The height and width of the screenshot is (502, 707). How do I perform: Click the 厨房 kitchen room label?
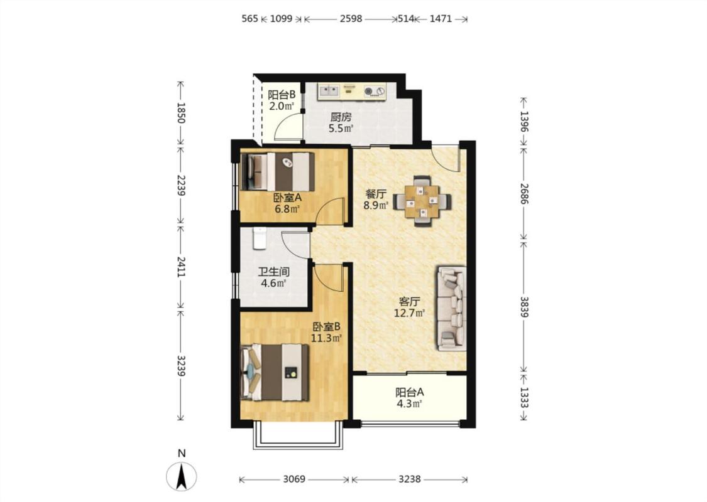pos(341,117)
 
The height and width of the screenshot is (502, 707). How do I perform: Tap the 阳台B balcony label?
pos(282,95)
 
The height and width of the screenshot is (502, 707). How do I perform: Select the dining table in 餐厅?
pos(422,200)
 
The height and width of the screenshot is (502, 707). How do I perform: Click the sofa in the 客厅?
pos(451,309)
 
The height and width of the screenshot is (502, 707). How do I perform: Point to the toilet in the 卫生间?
pos(260,238)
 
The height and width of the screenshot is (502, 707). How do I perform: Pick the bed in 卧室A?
pos(277,172)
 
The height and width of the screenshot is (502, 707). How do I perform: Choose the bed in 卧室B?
pos(275,373)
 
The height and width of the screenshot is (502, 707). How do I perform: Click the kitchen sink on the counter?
pos(329,92)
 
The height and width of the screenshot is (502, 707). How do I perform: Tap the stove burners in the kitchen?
pos(375,92)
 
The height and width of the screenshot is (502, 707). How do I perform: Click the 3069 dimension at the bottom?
pos(295,479)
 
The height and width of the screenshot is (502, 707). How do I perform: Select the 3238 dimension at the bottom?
pos(409,479)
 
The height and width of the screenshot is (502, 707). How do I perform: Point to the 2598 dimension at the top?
pos(351,19)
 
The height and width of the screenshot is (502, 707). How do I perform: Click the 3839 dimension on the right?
pos(524,307)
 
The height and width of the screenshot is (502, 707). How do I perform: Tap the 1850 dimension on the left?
pos(181,113)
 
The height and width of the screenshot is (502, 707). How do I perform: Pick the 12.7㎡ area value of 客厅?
pos(409,313)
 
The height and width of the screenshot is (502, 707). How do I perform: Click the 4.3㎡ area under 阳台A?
pos(409,404)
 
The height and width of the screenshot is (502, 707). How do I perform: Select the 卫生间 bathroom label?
pos(274,272)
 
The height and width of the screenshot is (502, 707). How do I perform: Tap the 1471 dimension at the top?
pos(441,19)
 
